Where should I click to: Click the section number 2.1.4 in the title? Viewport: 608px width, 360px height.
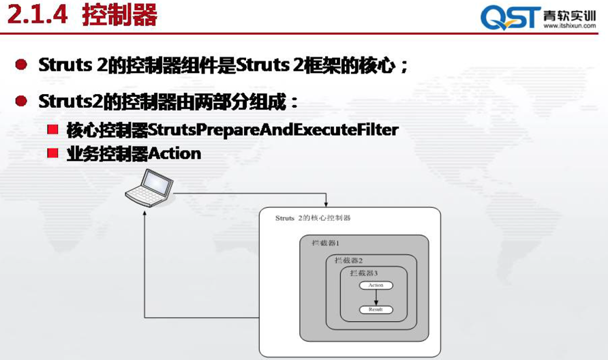point(37,15)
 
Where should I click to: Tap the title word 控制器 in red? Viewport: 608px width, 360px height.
point(120,15)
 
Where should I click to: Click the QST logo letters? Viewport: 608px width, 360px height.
point(511,18)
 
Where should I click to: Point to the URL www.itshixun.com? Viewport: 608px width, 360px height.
point(570,26)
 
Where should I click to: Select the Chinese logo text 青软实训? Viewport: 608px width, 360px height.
point(569,15)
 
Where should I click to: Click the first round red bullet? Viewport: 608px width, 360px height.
point(21,64)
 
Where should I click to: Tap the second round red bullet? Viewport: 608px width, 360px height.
point(21,101)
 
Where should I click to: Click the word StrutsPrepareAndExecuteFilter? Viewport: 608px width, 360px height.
point(273,130)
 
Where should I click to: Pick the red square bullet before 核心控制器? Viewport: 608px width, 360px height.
point(52,129)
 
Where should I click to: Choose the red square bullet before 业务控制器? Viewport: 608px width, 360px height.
point(52,153)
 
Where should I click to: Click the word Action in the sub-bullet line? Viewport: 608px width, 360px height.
point(174,153)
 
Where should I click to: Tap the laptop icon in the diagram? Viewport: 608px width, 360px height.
point(149,187)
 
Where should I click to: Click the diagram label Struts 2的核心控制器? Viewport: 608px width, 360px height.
point(313,218)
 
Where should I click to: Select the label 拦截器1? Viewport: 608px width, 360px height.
point(326,243)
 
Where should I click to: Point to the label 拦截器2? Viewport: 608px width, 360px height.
point(348,260)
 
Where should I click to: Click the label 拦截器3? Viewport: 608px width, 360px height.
point(364,273)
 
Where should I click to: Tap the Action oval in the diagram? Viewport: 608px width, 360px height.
point(376,286)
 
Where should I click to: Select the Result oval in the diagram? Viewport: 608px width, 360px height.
point(376,310)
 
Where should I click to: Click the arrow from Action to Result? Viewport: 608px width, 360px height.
point(376,297)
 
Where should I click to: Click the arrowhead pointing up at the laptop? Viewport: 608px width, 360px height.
point(145,213)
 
